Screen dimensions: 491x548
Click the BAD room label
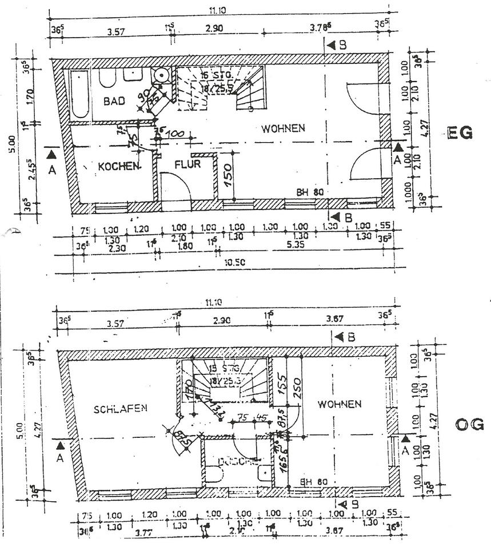pos(114,101)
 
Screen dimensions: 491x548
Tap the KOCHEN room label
pos(119,167)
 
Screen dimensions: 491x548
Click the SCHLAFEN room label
pos(121,408)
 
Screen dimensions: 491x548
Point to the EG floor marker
pos(461,134)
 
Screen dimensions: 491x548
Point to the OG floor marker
pos(470,424)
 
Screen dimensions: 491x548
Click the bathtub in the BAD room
pos(79,95)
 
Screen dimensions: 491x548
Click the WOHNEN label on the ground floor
pos(284,128)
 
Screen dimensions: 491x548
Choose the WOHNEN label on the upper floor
pos(340,404)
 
